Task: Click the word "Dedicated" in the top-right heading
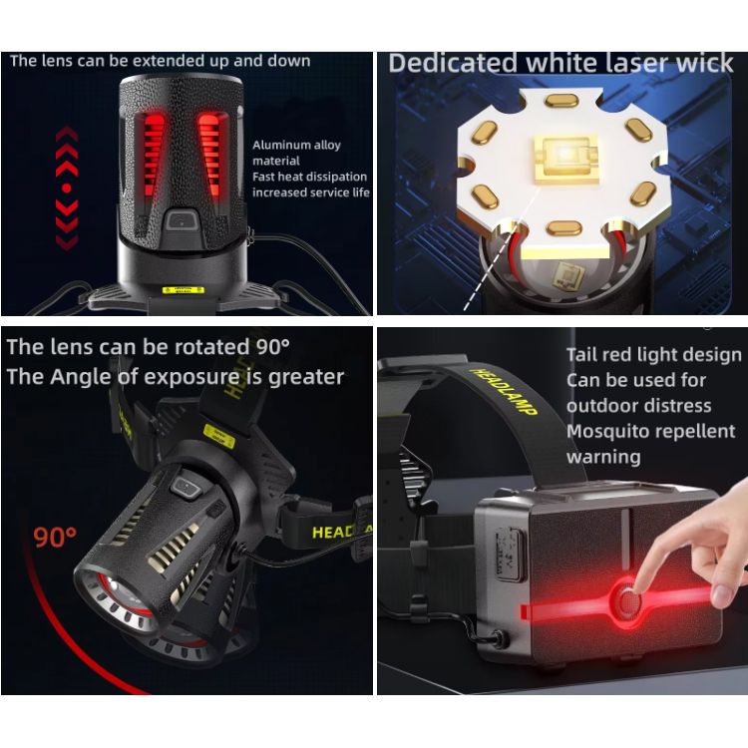(453, 64)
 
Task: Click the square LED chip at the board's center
(565, 160)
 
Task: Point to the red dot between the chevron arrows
(67, 187)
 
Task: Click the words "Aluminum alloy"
(296, 145)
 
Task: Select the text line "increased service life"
(311, 192)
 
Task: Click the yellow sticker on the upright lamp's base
(184, 290)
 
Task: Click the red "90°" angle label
(55, 538)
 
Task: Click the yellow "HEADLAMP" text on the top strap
(504, 392)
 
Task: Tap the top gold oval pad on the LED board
(562, 101)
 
